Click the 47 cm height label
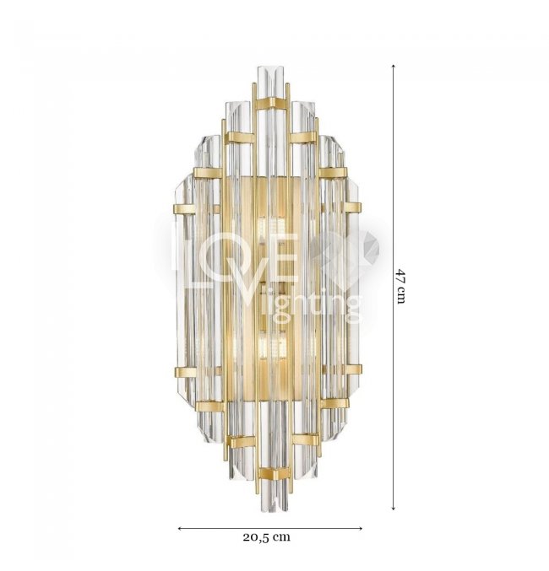pos(401,287)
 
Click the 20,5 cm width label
pos(267,536)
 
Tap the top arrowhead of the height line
pos(394,67)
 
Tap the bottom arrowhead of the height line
pos(394,507)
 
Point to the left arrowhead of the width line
pos(180,528)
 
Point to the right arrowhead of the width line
pos(360,528)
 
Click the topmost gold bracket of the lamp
pos(271,103)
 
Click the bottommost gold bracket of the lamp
pos(274,474)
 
